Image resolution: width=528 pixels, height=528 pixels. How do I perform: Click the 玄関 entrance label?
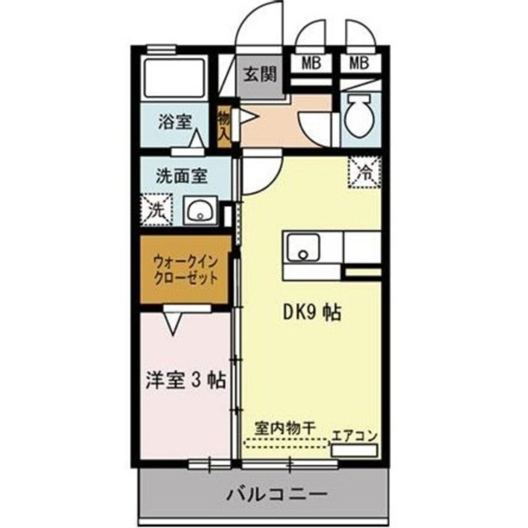[x=260, y=74]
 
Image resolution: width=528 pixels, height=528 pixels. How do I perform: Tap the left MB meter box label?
[x=312, y=63]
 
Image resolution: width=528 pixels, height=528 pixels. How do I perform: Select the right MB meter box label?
[x=359, y=63]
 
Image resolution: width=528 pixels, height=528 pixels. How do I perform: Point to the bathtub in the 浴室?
[x=174, y=78]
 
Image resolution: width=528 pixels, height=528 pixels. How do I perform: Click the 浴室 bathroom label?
[x=174, y=122]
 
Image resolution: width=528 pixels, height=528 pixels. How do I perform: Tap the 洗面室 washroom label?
[x=181, y=176]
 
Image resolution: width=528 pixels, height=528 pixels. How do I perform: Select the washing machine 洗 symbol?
[x=157, y=210]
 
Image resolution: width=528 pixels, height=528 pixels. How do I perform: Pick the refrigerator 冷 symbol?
[x=364, y=171]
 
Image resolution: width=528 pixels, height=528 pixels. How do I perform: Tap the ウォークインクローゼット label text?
[x=186, y=269]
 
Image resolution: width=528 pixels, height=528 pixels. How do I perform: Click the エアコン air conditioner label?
[x=355, y=437]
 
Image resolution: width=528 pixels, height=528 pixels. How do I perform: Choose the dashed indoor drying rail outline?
[x=286, y=444]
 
